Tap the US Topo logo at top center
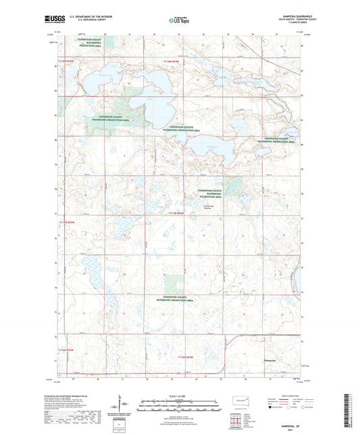tap(179, 20)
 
